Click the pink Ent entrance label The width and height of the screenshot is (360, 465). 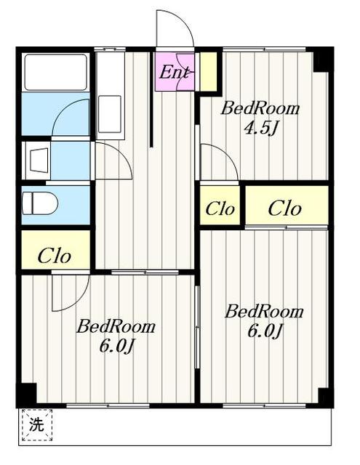click(x=174, y=72)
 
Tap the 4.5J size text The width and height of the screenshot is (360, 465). click(x=260, y=129)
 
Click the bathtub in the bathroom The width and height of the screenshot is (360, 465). click(x=55, y=72)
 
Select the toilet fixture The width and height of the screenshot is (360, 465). click(x=40, y=203)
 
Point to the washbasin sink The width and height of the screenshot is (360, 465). click(x=39, y=160)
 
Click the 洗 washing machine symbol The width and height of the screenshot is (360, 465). click(x=37, y=424)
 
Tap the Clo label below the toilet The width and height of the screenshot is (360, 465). click(x=55, y=256)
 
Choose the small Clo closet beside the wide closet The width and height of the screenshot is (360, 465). click(x=220, y=209)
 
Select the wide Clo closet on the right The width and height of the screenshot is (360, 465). click(x=287, y=208)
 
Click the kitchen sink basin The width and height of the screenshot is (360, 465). click(x=110, y=114)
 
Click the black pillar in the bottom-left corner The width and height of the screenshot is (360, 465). click(x=26, y=394)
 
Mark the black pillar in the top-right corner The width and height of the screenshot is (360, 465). click(x=323, y=60)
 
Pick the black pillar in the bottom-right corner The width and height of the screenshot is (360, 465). click(x=324, y=396)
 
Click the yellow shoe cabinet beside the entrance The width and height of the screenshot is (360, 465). click(x=208, y=71)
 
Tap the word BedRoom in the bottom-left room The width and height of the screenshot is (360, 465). click(x=116, y=326)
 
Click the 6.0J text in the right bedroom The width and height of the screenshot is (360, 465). click(x=264, y=331)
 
